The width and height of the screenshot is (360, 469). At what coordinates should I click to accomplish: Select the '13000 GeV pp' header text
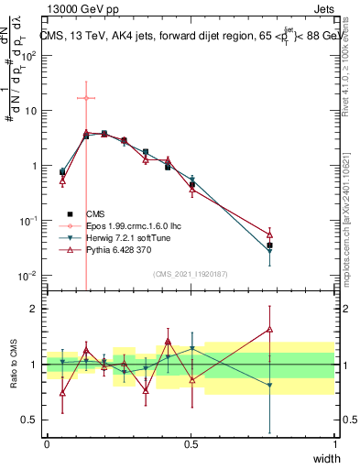pyautogui.click(x=79, y=8)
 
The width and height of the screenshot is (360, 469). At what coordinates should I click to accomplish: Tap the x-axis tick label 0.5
pyautogui.click(x=191, y=443)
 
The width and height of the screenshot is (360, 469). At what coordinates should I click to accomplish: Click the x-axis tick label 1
pyautogui.click(x=334, y=443)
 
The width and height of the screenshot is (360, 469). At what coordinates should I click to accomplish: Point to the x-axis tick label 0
pyautogui.click(x=48, y=443)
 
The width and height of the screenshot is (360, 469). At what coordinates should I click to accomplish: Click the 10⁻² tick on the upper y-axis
pyautogui.click(x=29, y=276)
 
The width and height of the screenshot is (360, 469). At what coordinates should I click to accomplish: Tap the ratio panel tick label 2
pyautogui.click(x=34, y=309)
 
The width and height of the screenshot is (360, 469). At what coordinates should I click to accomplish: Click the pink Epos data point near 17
pyautogui.click(x=85, y=98)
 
